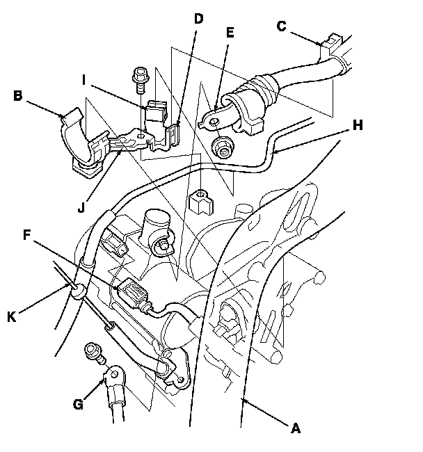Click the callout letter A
(x=295, y=430)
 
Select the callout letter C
(x=282, y=27)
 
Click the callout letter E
(x=230, y=31)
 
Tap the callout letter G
(x=79, y=404)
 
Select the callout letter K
(x=11, y=317)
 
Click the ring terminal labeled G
(x=113, y=378)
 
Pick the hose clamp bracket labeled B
(x=82, y=143)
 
